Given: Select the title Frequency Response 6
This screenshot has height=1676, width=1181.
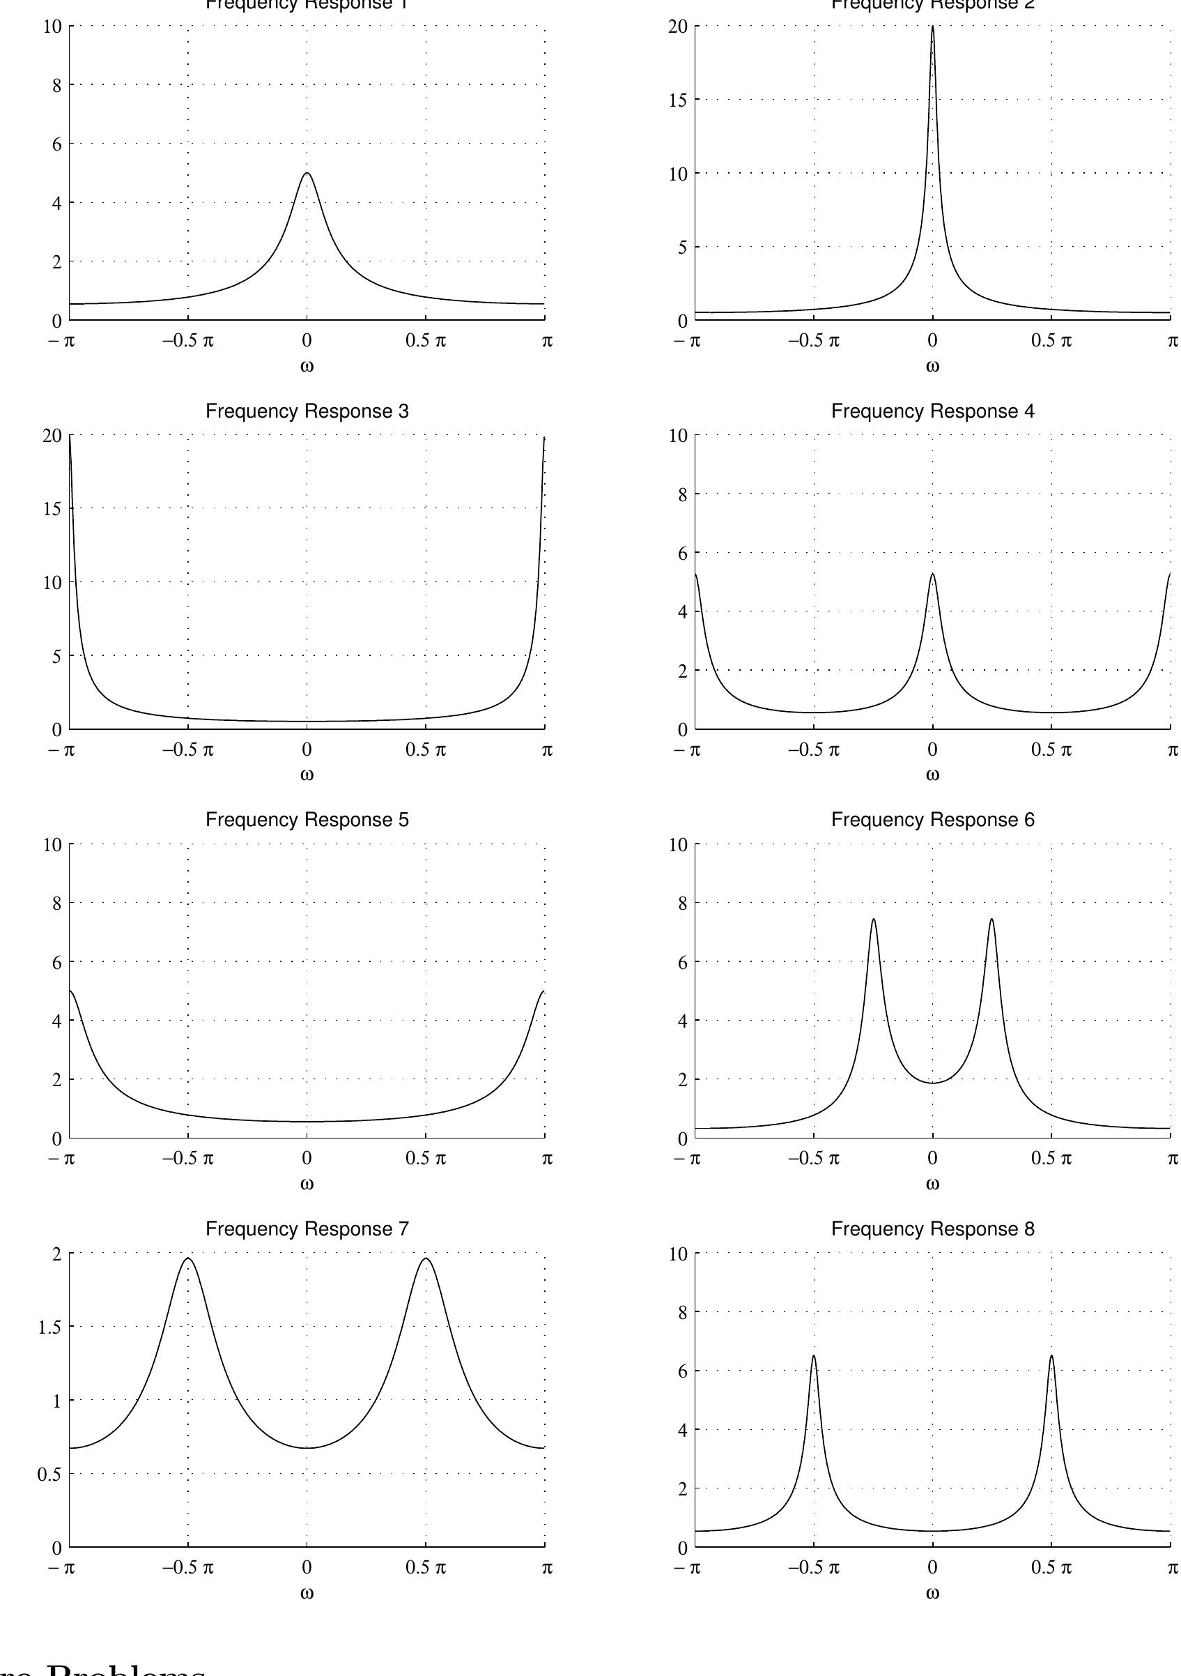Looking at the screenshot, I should pos(932,820).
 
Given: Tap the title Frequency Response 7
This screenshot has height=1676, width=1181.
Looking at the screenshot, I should pos(307,1228).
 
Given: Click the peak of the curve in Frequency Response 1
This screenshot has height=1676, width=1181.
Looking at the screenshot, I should pos(307,173).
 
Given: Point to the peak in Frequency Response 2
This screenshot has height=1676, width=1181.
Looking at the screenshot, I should pos(932,27).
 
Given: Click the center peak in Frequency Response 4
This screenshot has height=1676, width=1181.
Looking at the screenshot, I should pos(932,574).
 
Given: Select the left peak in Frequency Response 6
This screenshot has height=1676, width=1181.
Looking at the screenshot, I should pos(873,919).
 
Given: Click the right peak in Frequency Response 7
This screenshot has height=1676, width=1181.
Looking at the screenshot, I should pos(426,1258).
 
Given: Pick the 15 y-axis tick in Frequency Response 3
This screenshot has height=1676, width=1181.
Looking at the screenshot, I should pos(52,509).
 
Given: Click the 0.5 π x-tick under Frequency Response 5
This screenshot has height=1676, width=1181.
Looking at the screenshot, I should pos(425,1159).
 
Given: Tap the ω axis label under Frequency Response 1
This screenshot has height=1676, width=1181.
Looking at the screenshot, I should pos(307,366).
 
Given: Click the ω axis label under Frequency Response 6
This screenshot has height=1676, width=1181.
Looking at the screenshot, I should pos(932,1183).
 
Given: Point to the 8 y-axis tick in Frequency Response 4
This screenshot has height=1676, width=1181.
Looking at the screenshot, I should pos(681,494).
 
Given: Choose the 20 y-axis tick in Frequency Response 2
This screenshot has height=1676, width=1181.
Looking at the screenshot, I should pos(679,27).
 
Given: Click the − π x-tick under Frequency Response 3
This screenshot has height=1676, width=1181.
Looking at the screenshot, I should pos(63,749).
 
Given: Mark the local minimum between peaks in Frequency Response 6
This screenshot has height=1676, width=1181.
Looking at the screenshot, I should pos(932,1083).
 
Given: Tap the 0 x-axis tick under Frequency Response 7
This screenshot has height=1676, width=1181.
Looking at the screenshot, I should pos(307,1567).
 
